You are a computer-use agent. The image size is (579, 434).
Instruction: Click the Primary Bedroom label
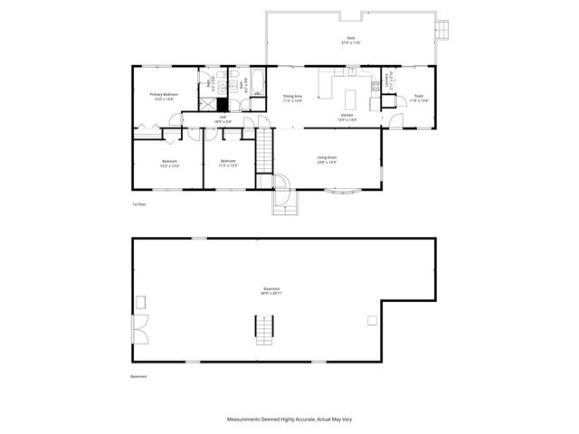tap(163, 94)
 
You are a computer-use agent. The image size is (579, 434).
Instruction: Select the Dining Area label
tap(292, 96)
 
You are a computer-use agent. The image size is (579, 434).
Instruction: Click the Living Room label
tap(327, 157)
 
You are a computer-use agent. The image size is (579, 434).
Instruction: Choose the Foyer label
tap(419, 95)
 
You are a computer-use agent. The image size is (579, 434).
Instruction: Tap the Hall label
tap(223, 116)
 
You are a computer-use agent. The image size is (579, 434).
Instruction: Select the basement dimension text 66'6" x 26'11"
tap(271, 293)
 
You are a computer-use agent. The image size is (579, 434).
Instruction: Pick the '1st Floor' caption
tap(138, 204)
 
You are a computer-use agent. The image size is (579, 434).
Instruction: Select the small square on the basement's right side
tap(371, 320)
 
